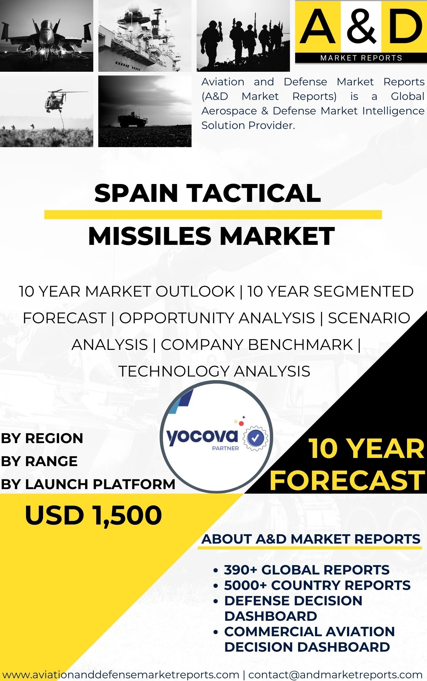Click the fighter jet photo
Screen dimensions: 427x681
click(47, 36)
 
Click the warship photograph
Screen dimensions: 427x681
click(145, 36)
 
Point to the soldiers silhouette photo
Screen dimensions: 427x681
click(243, 36)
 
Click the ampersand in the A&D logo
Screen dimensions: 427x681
click(361, 26)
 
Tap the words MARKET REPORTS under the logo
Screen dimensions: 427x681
click(361, 58)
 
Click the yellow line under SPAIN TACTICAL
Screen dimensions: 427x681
click(213, 214)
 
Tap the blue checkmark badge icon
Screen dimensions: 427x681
click(256, 437)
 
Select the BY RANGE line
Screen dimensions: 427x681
click(39, 461)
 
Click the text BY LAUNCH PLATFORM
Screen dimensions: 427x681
click(88, 484)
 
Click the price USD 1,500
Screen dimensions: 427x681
click(93, 515)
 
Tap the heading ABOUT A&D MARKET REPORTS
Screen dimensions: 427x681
click(311, 539)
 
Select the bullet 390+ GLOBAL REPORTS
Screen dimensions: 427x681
click(307, 570)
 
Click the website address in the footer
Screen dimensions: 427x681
click(121, 674)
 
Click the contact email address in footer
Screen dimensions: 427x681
click(335, 674)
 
